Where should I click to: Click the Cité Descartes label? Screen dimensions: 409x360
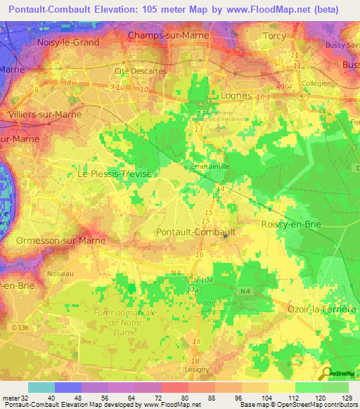[x=146, y=71]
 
